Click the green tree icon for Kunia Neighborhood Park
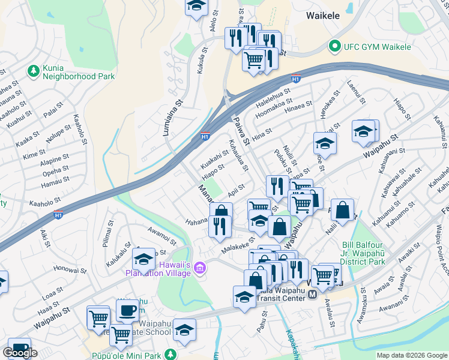click(x=33, y=71)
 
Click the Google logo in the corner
click(x=20, y=353)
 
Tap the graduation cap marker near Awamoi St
click(x=144, y=259)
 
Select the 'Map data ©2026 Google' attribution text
click(x=411, y=355)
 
